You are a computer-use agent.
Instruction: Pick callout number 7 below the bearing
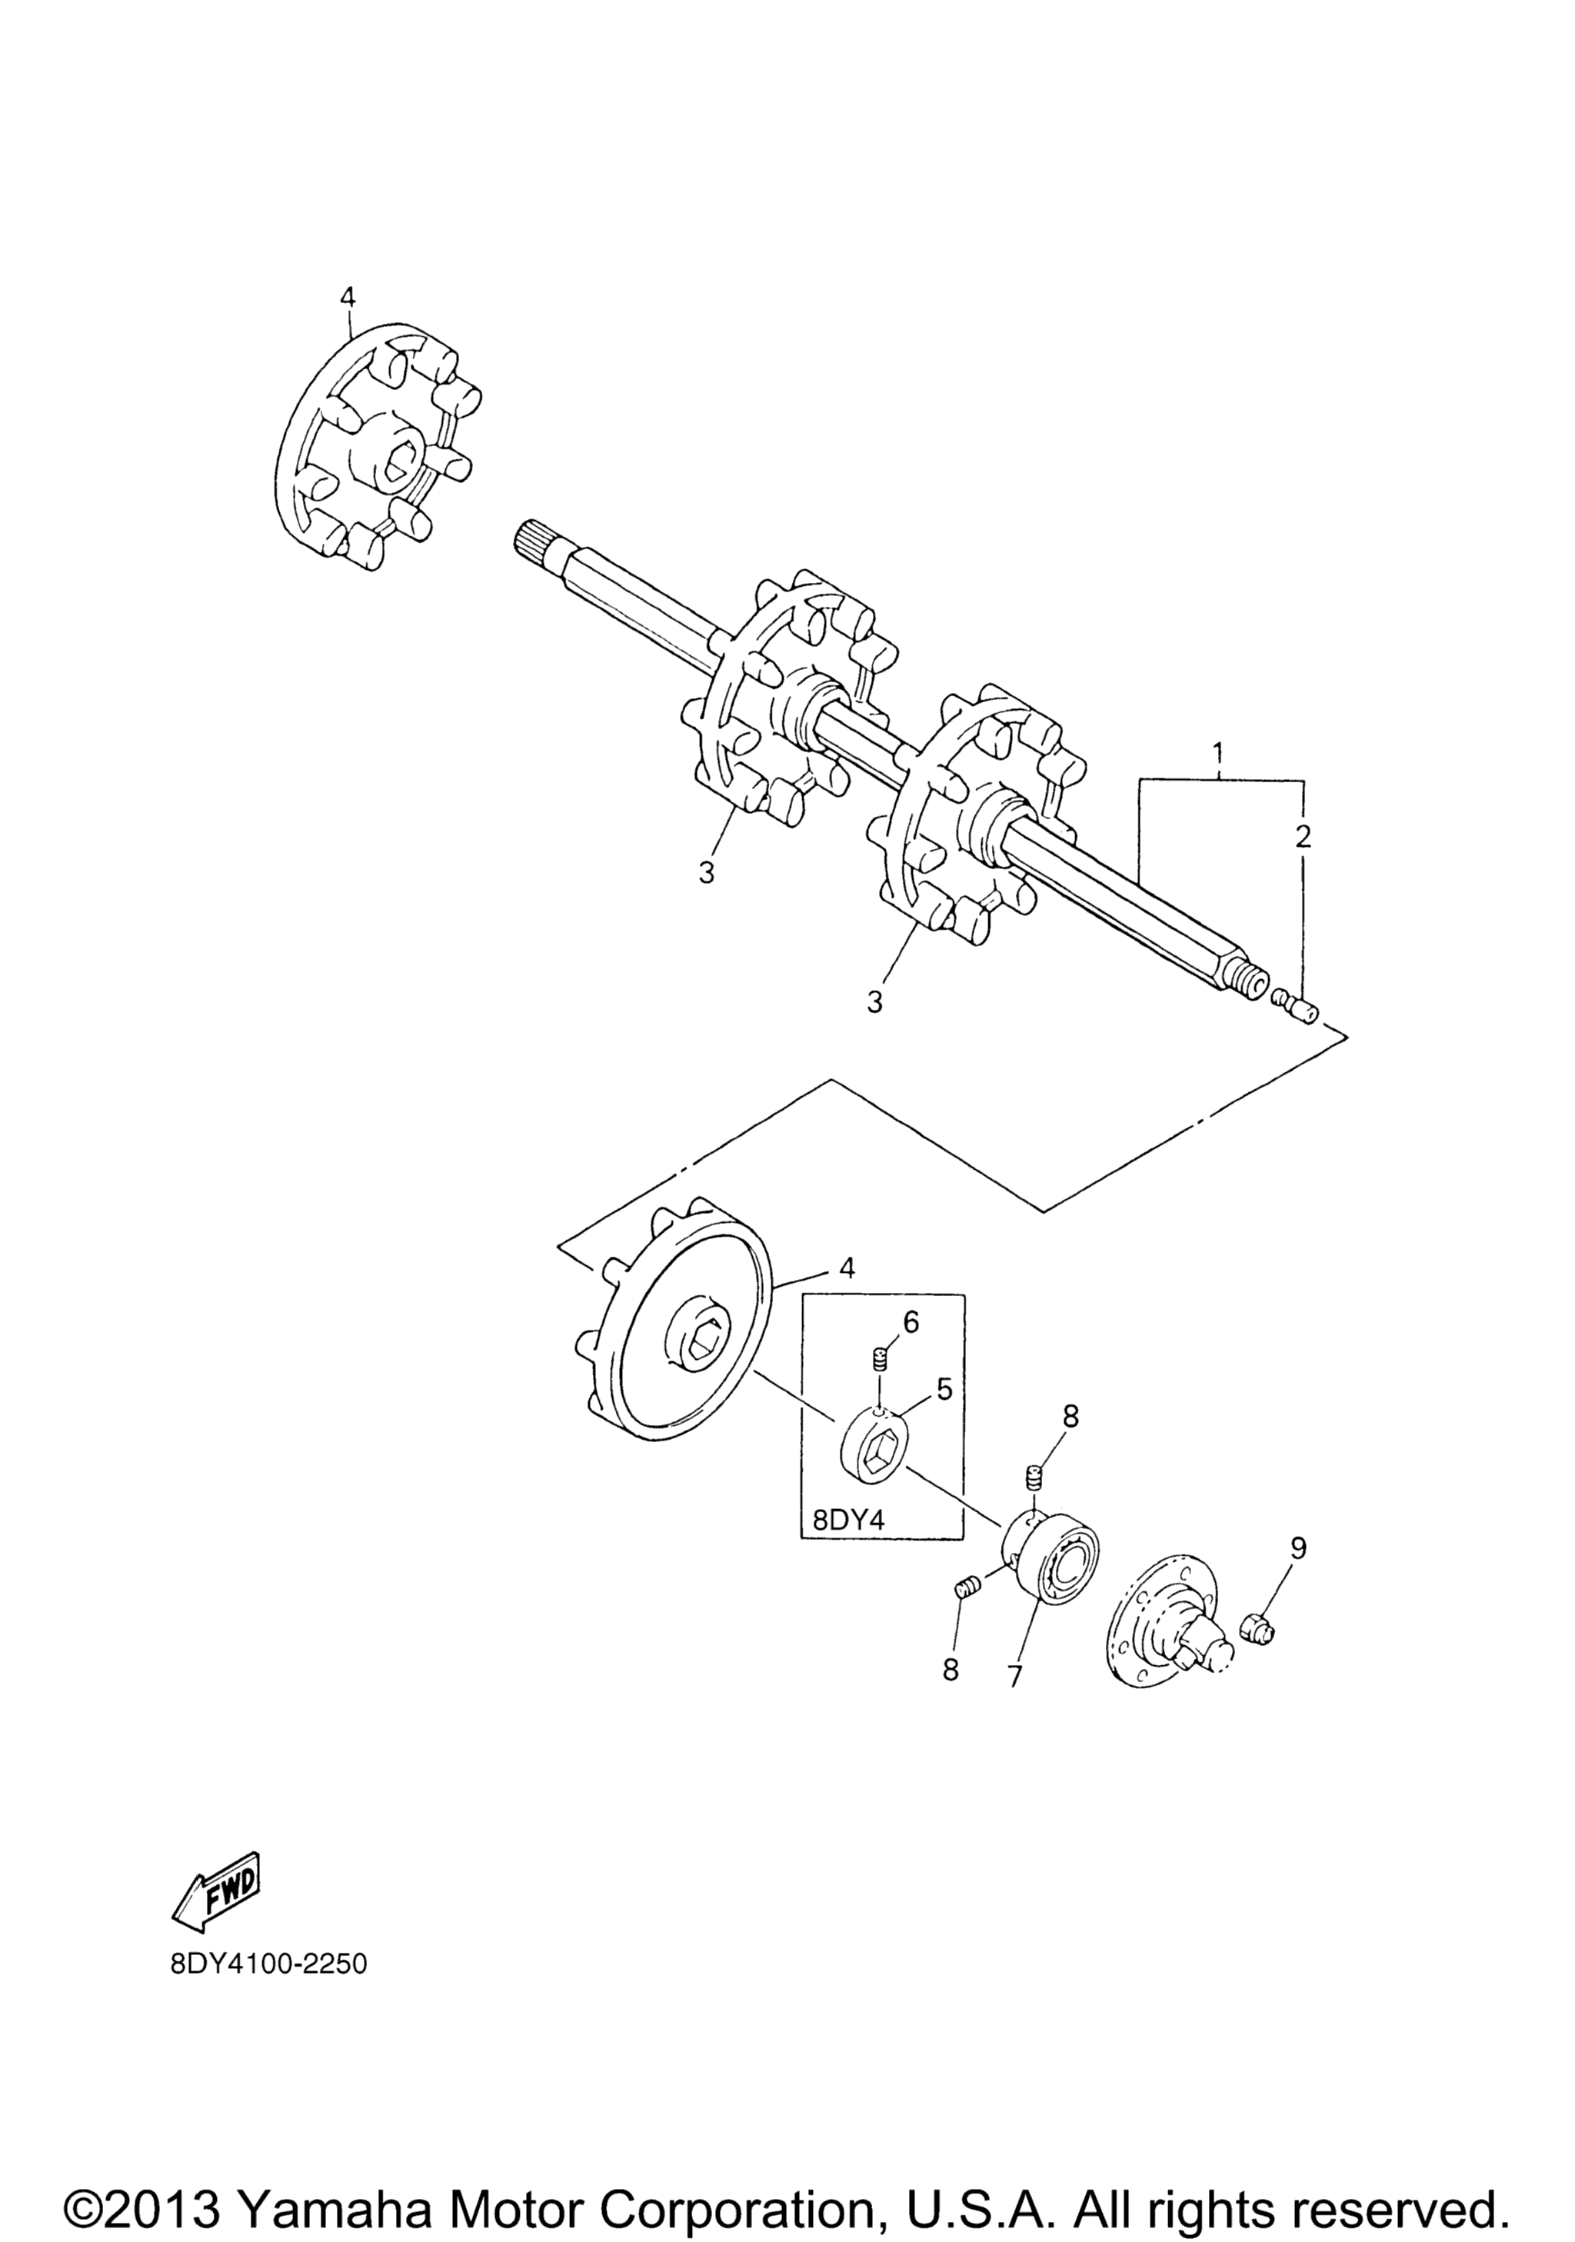click(x=1014, y=1676)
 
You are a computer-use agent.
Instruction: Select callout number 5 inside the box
click(x=944, y=1388)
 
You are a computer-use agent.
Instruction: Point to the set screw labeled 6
click(x=879, y=1358)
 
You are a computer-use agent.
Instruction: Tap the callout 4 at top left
click(x=348, y=297)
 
